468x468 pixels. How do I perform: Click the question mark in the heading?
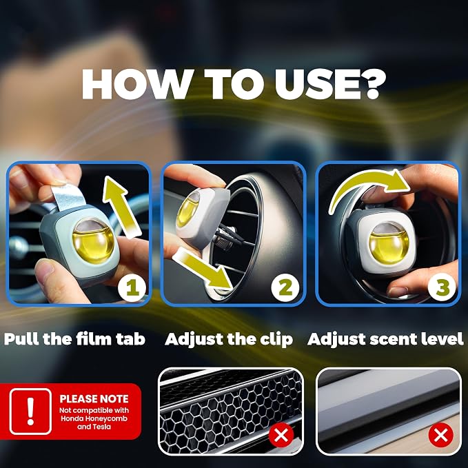[370, 84]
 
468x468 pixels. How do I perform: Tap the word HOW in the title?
[136, 84]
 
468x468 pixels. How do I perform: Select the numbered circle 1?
[132, 287]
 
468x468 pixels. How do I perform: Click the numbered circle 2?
[285, 287]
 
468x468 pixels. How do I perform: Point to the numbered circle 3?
[442, 287]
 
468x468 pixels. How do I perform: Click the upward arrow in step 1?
[121, 206]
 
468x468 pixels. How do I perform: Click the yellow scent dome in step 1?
[94, 241]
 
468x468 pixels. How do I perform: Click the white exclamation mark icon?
[30, 411]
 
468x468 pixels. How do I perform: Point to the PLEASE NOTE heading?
[94, 399]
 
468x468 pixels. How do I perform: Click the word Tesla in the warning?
[103, 427]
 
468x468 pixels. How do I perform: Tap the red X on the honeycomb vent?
[281, 435]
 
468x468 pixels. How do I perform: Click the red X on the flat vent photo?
[441, 435]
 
